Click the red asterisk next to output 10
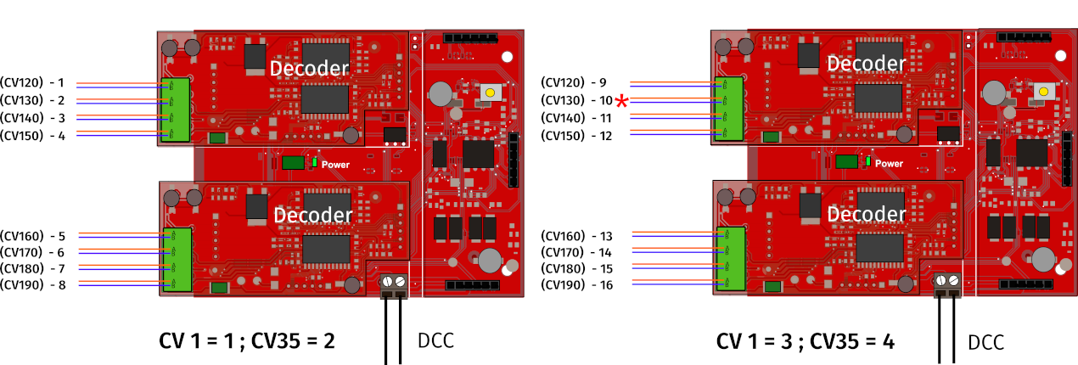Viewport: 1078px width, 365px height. coord(622,102)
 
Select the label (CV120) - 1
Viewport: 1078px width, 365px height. coord(32,83)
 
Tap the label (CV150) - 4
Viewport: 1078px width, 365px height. coord(32,136)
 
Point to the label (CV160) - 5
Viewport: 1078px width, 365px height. coord(32,236)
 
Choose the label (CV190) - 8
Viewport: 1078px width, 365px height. coord(32,285)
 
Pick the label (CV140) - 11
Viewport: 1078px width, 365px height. coord(575,118)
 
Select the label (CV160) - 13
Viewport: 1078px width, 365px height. coord(575,236)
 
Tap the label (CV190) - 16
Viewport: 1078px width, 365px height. coord(575,285)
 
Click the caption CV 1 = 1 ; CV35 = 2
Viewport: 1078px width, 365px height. coord(247,341)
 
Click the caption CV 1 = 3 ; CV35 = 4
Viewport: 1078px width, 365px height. coord(805,341)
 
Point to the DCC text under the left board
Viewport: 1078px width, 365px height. coord(435,341)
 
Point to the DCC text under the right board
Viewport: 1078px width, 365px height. coord(985,343)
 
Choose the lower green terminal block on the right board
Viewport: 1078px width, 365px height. coord(729,260)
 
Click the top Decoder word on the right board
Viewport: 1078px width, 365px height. coord(866,65)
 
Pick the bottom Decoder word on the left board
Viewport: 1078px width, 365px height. coord(312,216)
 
